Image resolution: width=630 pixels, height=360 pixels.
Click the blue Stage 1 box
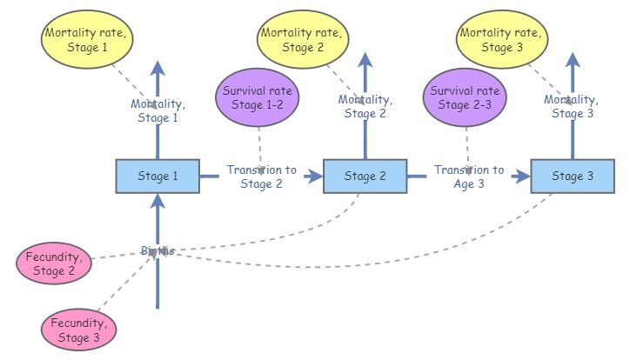tap(157, 177)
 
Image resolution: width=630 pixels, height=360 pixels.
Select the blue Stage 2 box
tap(365, 177)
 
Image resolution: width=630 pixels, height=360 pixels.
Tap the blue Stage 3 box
tap(573, 177)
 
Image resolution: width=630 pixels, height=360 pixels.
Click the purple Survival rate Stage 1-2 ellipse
tap(258, 97)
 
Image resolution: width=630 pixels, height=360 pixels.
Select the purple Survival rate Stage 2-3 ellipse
tap(466, 97)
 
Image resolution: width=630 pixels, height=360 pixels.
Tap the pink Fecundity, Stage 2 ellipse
tap(54, 263)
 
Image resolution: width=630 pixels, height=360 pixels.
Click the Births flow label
tap(157, 250)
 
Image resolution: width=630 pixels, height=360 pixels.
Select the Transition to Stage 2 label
tap(261, 177)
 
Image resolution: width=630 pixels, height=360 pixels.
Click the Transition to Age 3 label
tap(469, 177)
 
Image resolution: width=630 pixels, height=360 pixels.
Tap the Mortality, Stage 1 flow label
tap(157, 111)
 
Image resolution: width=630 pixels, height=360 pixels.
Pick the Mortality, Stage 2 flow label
tap(365, 106)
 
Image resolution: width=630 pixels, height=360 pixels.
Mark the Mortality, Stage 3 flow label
tap(572, 106)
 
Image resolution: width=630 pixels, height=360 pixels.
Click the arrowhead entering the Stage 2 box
tap(315, 177)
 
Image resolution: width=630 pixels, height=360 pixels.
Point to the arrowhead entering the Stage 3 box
tap(522, 177)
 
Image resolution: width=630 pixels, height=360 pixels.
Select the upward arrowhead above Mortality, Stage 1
tap(157, 69)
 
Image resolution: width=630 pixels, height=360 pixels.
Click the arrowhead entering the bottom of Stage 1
tap(157, 201)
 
